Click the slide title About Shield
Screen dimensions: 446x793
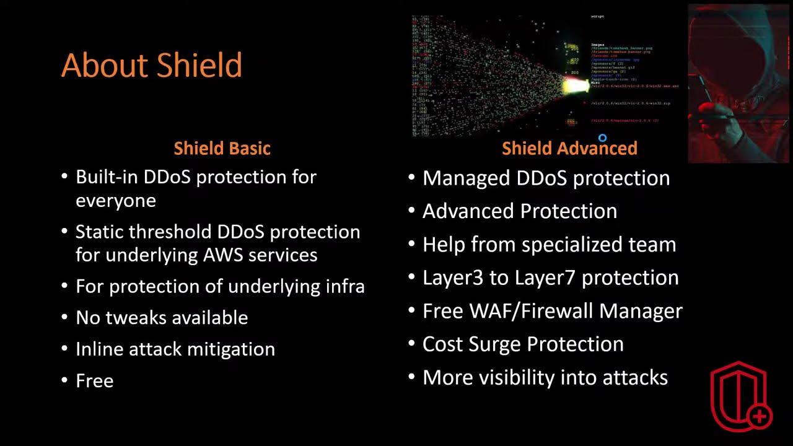tap(151, 66)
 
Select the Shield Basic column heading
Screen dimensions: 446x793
tap(222, 148)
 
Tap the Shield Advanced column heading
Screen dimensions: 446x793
tap(569, 148)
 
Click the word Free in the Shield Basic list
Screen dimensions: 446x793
tap(95, 380)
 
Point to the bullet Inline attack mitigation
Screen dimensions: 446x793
tap(175, 349)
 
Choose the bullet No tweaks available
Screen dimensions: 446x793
tap(162, 317)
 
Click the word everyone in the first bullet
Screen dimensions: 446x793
tap(116, 200)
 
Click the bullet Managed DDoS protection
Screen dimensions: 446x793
tap(546, 178)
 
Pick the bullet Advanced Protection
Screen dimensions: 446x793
tap(520, 211)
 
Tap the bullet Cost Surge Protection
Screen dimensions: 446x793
tap(523, 344)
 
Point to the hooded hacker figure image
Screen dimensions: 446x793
tap(739, 84)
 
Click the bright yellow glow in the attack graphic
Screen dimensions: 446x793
tap(575, 86)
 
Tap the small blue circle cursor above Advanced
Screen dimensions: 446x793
tap(602, 138)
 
